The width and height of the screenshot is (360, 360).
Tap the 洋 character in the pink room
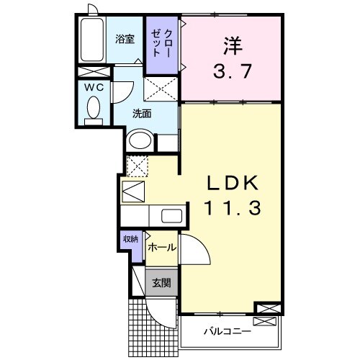click(x=232, y=45)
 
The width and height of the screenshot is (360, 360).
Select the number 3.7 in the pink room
click(x=232, y=72)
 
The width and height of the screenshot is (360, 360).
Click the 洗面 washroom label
click(x=141, y=113)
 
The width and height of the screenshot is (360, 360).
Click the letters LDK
click(x=230, y=182)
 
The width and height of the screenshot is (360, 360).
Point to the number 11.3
click(x=230, y=210)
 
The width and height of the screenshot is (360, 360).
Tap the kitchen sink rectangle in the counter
click(x=171, y=216)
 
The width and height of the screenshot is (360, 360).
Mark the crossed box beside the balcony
click(x=266, y=310)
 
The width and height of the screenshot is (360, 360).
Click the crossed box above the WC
click(x=94, y=73)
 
